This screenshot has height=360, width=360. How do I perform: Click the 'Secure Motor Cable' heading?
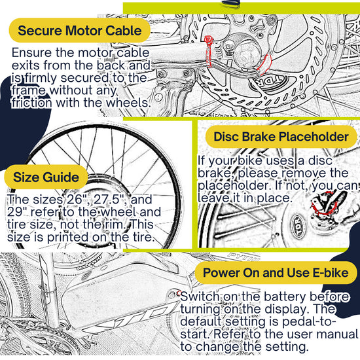(79, 30)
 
